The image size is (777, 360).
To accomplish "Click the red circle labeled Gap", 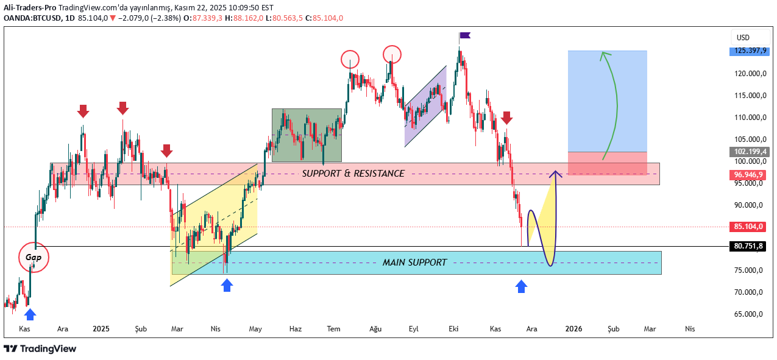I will [x=33, y=257].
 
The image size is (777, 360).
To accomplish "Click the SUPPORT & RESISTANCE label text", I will [x=353, y=174].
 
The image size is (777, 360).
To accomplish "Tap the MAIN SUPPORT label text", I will [x=414, y=263].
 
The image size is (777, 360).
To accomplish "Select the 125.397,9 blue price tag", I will [x=750, y=51].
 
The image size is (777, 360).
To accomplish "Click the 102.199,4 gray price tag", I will [x=750, y=152].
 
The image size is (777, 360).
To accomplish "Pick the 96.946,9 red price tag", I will [x=750, y=175].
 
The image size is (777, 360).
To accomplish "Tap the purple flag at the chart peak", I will [x=465, y=36].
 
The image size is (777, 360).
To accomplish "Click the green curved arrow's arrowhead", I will [x=604, y=55].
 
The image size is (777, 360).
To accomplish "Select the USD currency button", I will [x=743, y=37].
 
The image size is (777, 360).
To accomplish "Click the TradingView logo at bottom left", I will [x=40, y=348].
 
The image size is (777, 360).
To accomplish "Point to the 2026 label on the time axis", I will [x=573, y=329].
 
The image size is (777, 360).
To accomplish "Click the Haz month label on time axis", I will [x=295, y=329].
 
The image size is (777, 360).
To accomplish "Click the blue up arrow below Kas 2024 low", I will [x=30, y=314].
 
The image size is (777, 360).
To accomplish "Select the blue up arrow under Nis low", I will [x=227, y=285].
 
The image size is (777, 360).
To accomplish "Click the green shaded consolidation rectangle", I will [x=307, y=135].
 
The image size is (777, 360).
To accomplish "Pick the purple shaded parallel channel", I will [x=425, y=107].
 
